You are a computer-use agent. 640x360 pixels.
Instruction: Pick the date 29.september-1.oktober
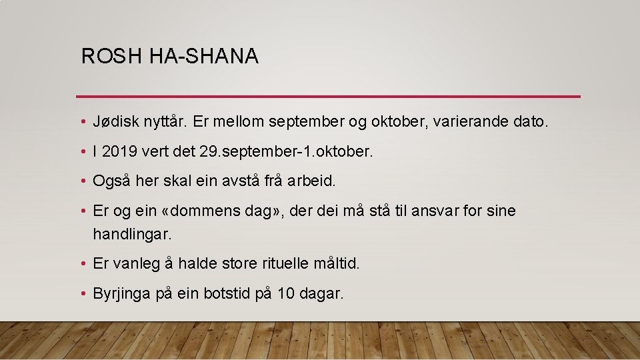(x=286, y=152)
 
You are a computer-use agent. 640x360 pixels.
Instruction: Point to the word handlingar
(x=132, y=234)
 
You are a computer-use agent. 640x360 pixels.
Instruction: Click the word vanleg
(x=136, y=263)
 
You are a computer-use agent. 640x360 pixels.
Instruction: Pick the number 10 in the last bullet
(x=285, y=293)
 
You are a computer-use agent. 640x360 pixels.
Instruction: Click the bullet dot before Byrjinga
(x=81, y=293)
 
